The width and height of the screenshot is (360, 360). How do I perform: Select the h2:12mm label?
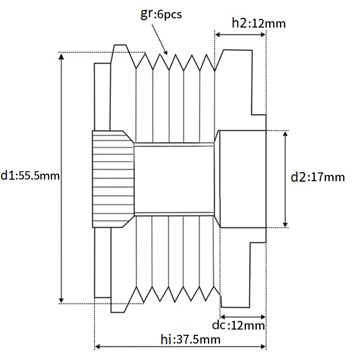pyautogui.click(x=259, y=23)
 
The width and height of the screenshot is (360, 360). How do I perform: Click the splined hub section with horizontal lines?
pyautogui.click(x=113, y=178)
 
